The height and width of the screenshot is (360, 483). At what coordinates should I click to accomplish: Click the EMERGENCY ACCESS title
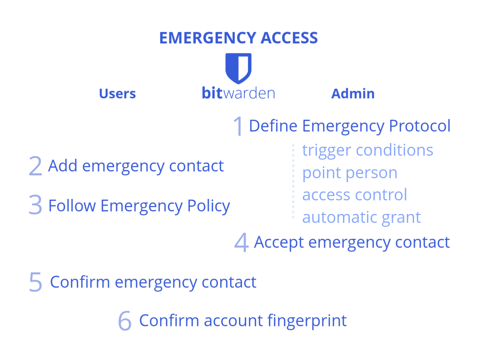coord(238,38)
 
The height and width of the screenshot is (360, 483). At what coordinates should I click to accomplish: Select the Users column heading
coord(118,94)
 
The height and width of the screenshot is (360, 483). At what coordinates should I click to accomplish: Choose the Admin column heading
coord(353,94)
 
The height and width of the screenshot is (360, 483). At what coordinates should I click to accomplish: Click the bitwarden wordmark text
coord(239,93)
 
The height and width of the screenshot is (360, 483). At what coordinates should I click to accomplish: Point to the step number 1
coord(238,126)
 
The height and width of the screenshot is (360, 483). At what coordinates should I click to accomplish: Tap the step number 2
coord(35,166)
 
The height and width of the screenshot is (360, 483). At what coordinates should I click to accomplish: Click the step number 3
coord(35,205)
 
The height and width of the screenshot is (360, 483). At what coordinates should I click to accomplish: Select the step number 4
coord(241,242)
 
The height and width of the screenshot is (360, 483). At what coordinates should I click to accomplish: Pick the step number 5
coord(35,282)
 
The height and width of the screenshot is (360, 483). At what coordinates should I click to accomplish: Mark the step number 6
coord(125,321)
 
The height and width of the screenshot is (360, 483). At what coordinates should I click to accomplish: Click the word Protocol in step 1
coord(420,126)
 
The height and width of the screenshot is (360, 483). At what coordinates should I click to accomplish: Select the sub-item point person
coord(350,174)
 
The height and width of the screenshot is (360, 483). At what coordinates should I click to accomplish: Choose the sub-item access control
coord(355,195)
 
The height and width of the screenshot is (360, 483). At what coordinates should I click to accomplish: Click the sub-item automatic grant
coord(362,218)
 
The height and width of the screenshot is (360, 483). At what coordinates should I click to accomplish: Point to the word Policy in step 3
coord(209,206)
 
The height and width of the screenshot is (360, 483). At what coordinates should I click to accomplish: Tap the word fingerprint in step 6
coord(307,321)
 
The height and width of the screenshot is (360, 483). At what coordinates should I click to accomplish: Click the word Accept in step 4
coord(279,243)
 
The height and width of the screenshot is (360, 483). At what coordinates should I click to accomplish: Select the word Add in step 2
coord(63,166)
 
